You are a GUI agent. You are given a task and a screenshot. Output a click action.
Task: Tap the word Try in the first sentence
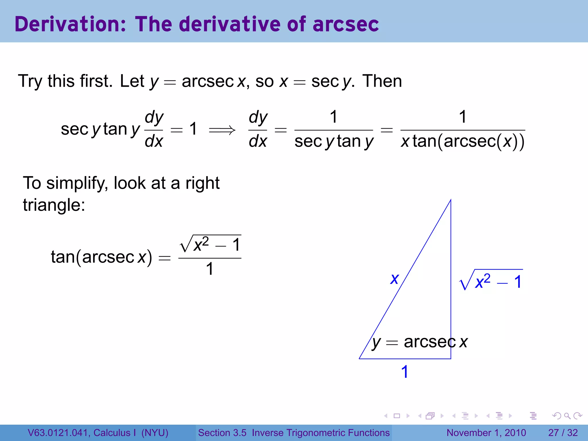[30, 82]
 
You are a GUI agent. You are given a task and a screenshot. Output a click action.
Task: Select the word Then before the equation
[382, 81]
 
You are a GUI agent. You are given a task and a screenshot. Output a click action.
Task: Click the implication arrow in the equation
[222, 131]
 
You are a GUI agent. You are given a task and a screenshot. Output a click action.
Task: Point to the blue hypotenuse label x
[394, 278]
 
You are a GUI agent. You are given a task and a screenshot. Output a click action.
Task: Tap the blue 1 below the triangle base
[405, 372]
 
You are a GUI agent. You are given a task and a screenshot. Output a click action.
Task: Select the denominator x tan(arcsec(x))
[463, 142]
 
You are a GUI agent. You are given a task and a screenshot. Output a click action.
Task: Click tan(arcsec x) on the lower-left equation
[101, 256]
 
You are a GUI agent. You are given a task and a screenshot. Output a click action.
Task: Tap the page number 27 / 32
[563, 433]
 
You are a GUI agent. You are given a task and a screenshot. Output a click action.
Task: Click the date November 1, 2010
[486, 433]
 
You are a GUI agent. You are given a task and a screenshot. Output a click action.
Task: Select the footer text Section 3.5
[222, 433]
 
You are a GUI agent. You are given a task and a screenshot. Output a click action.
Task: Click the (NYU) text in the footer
[155, 433]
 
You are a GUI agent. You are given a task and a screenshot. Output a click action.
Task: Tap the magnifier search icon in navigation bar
[567, 416]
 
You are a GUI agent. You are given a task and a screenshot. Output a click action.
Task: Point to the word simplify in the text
[77, 183]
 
